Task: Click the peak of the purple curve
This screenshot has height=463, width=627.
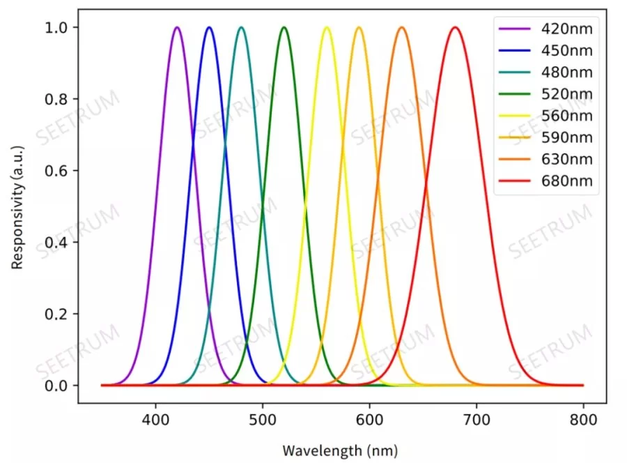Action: [x=177, y=28]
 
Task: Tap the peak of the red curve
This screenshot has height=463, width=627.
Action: [x=455, y=28]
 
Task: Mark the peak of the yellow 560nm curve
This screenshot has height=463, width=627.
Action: [x=327, y=28]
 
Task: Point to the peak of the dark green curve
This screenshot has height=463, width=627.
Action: [x=284, y=28]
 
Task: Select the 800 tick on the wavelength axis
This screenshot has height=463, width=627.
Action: [x=583, y=420]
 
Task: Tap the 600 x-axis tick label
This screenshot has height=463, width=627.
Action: [x=369, y=420]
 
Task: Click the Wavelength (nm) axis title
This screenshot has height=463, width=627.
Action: [x=340, y=449]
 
